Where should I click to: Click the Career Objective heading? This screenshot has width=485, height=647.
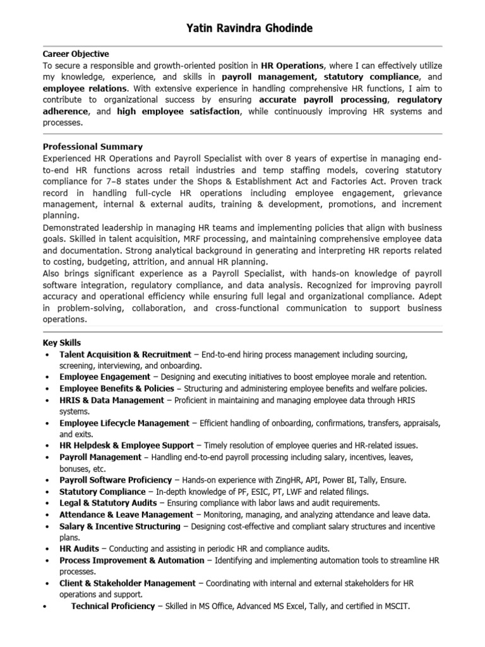76,54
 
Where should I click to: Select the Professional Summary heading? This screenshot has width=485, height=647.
92,147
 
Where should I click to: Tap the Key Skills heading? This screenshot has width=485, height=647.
61,342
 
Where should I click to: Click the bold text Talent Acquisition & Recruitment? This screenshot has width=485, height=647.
125,354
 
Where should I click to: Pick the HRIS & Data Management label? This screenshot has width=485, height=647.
112,400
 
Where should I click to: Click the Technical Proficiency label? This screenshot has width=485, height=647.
113,606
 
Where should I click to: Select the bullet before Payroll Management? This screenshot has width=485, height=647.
49,457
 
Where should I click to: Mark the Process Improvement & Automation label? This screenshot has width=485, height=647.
132,560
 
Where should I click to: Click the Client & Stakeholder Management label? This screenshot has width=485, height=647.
128,583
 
